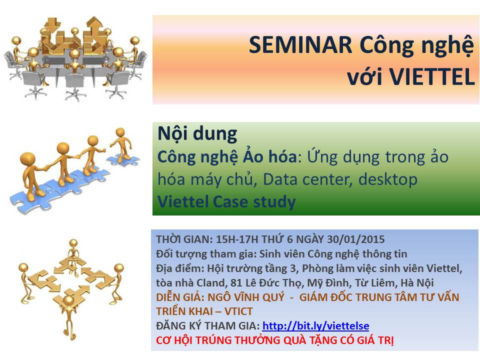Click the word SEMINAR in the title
tap(300, 45)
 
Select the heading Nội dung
tap(197, 134)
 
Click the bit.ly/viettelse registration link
tap(315, 325)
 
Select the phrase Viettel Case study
tap(226, 202)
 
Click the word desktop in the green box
tap(388, 179)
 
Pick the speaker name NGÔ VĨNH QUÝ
tap(246, 297)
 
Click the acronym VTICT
tap(238, 311)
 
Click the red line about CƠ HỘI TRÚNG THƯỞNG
tap(274, 340)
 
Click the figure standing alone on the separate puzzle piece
tap(122, 144)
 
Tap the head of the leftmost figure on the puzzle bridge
tap(27, 159)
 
